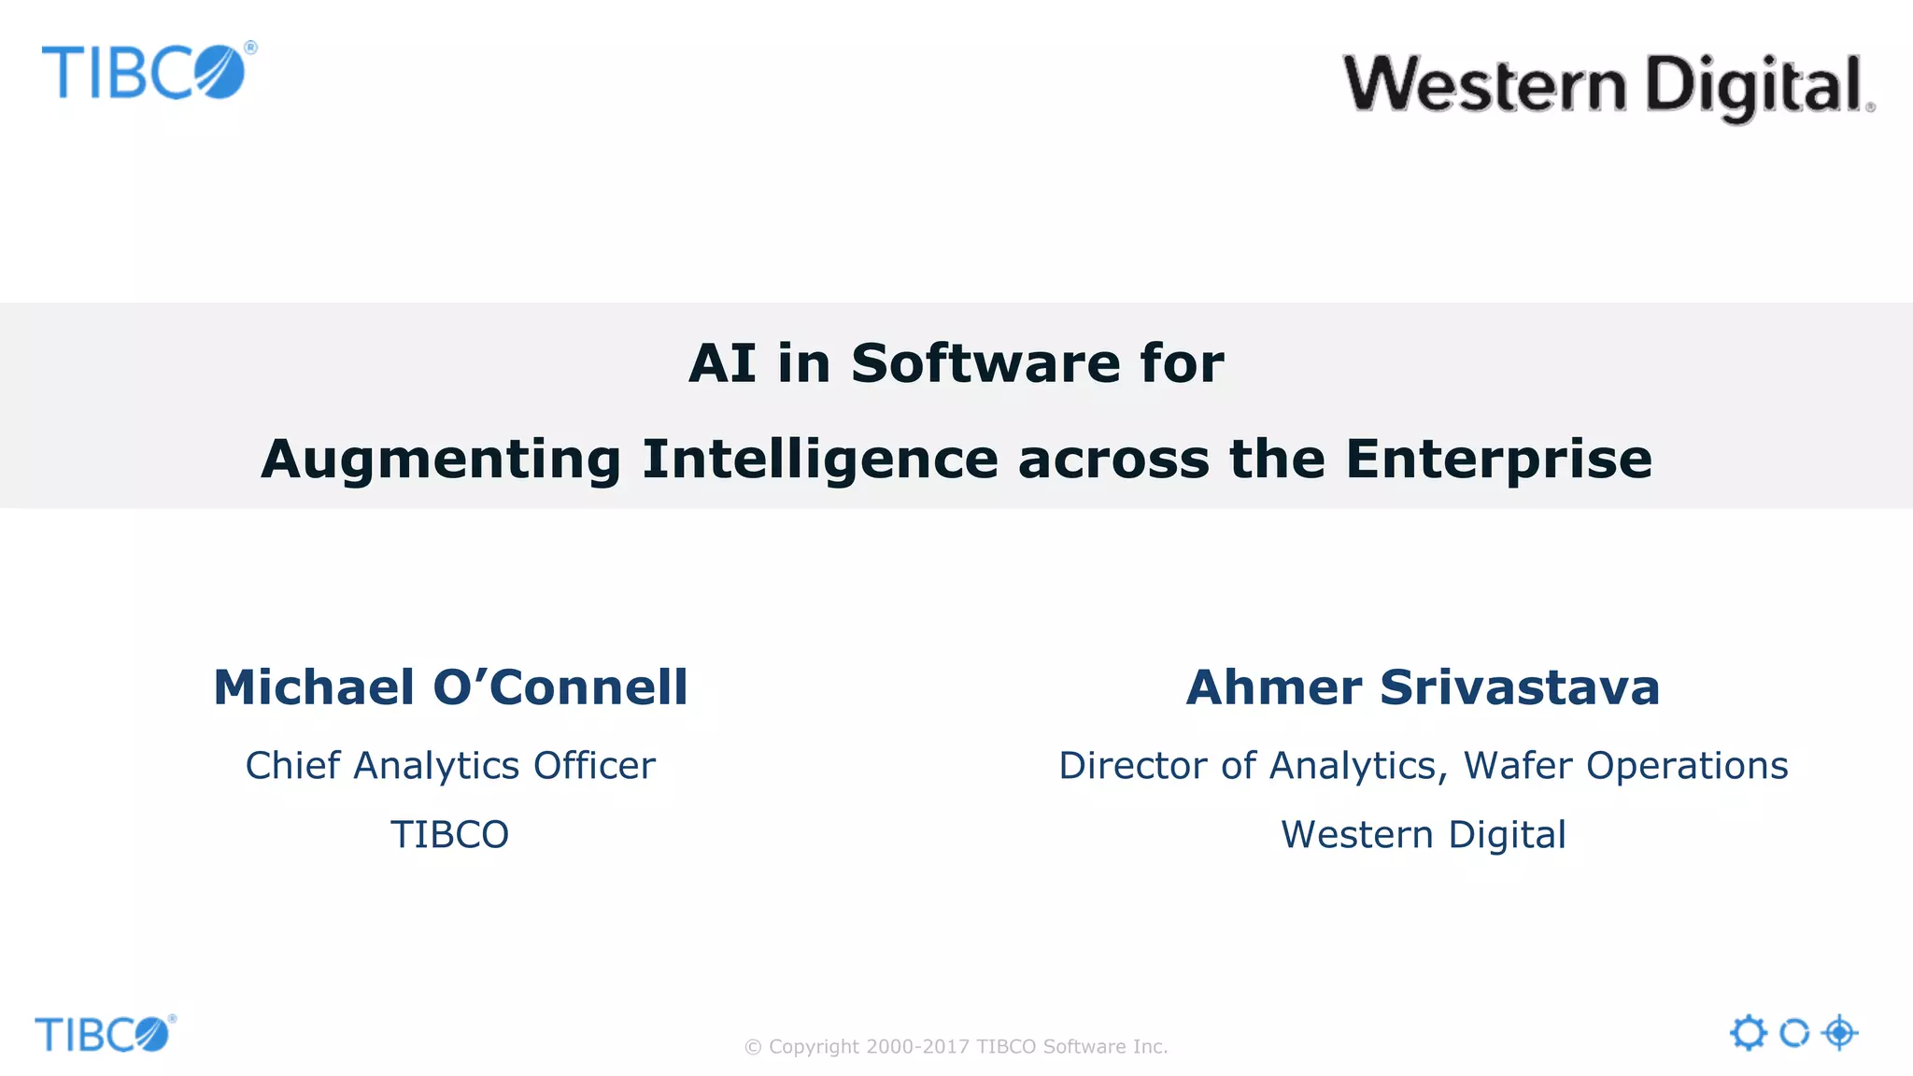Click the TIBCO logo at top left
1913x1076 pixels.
[x=147, y=72]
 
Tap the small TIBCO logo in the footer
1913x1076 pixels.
[x=104, y=1034]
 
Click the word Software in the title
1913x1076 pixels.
[x=985, y=363]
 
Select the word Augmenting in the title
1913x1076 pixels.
[x=441, y=460]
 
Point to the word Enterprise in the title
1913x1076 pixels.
[x=1498, y=460]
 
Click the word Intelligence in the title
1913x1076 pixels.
[x=820, y=460]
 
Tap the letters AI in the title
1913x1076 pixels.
[x=721, y=363]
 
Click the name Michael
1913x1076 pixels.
[x=314, y=687]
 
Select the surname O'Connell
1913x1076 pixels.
[x=560, y=687]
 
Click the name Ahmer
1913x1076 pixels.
[x=1273, y=687]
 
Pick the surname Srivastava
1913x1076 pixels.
[x=1520, y=687]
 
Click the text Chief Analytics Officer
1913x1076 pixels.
[x=450, y=766]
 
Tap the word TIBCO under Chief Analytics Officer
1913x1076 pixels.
[x=449, y=835]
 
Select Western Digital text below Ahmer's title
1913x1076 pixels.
[x=1423, y=835]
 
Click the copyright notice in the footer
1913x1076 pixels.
[x=956, y=1047]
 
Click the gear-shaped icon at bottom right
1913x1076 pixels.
[x=1748, y=1033]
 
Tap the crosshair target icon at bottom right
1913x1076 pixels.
[x=1839, y=1033]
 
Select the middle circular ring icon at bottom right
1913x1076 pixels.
[x=1793, y=1033]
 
